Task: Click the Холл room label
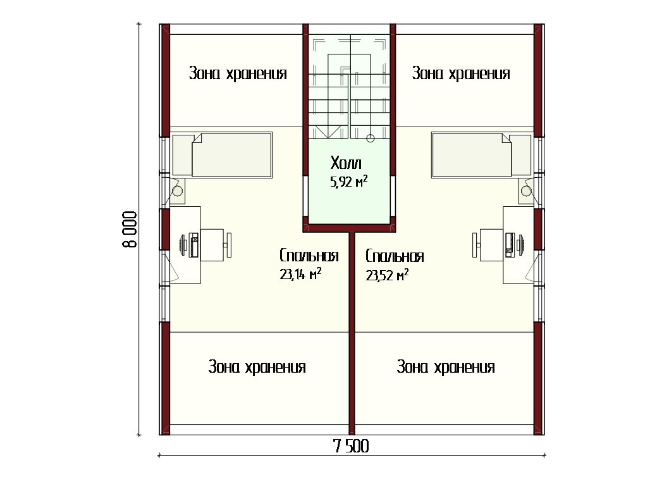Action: (346, 163)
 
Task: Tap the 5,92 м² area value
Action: (348, 182)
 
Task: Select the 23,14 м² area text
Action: (300, 273)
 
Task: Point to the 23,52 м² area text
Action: (387, 275)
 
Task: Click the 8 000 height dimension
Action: (130, 229)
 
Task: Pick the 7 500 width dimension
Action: (351, 446)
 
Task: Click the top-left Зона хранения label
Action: (238, 73)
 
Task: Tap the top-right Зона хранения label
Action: (461, 73)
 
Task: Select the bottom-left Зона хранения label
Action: (257, 367)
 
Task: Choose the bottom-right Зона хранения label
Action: (446, 367)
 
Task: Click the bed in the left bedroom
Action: (223, 155)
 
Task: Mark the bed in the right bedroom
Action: (481, 155)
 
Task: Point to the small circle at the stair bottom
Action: (371, 139)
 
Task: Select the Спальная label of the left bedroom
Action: (309, 256)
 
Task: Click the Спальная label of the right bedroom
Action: (395, 256)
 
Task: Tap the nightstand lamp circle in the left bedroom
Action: (178, 190)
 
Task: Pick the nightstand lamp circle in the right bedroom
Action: (527, 191)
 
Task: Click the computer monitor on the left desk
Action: (183, 245)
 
